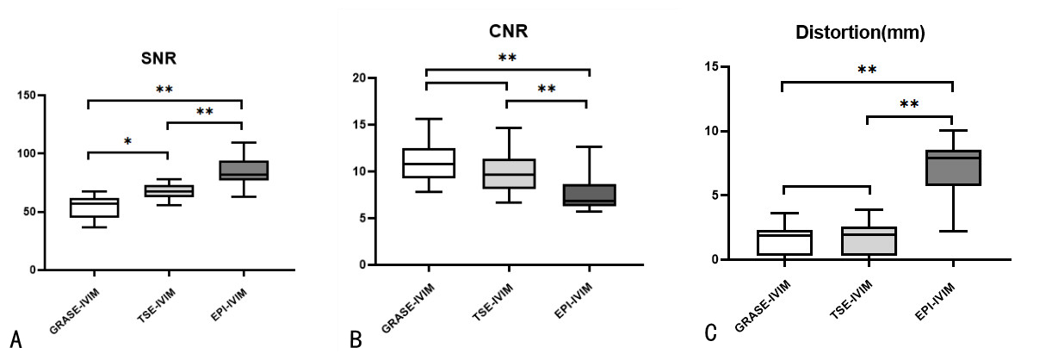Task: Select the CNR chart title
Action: coord(508,33)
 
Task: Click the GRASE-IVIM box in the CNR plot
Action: coord(427,163)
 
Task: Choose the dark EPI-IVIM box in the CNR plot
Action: coord(589,195)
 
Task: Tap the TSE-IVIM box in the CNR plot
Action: coord(508,173)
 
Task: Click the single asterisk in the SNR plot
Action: coord(127,140)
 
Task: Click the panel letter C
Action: coord(711,332)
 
